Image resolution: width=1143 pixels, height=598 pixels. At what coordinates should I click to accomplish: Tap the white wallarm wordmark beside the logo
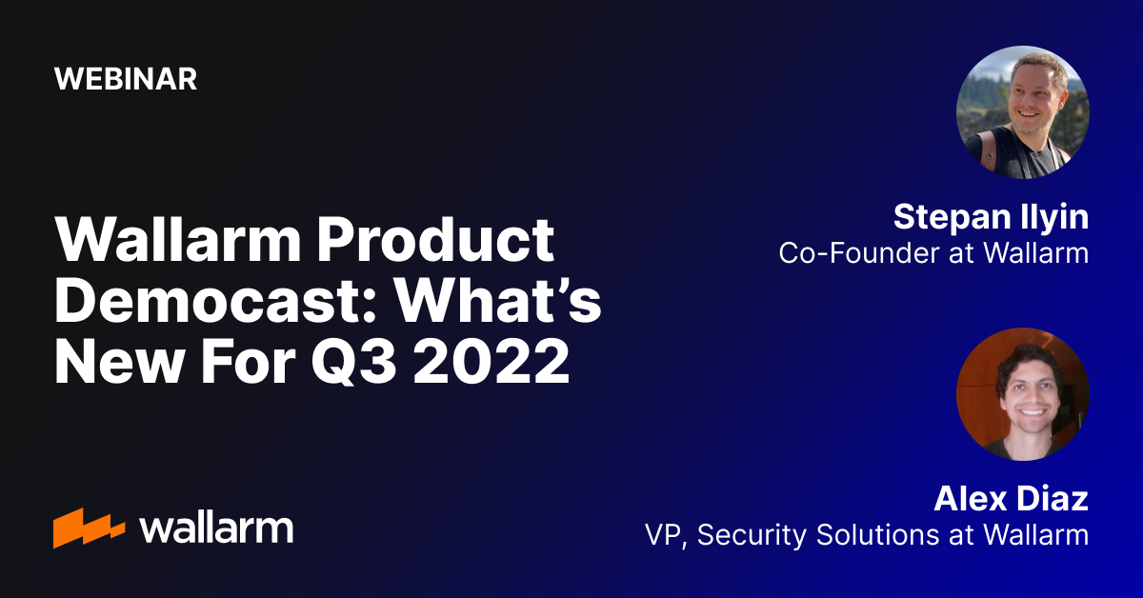216,528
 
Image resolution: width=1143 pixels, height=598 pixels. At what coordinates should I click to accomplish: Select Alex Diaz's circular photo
1022,394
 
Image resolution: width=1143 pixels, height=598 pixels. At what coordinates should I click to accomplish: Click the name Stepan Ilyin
991,218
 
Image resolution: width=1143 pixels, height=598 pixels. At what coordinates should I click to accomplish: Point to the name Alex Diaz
1011,498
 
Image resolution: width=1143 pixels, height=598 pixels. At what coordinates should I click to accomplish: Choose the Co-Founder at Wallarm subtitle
933,253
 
